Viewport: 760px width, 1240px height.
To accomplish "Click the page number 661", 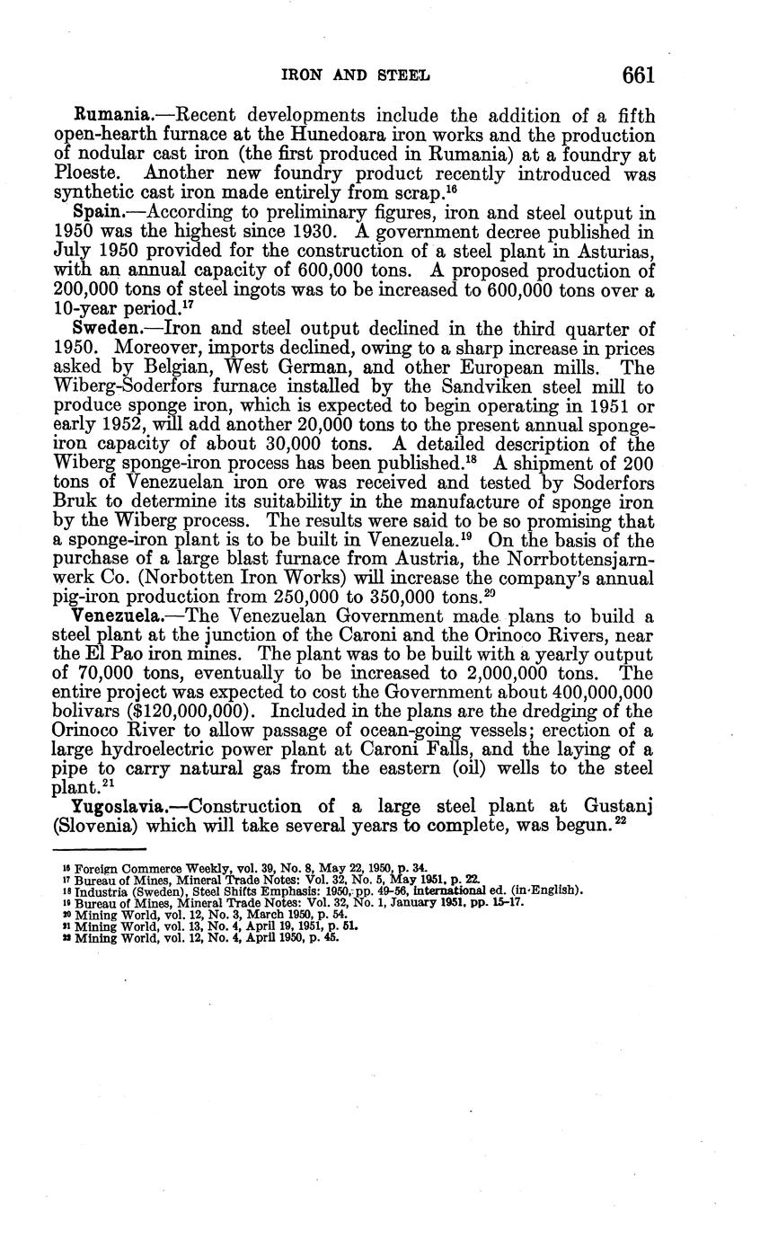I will (x=638, y=75).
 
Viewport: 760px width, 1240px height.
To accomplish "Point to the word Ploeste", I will (x=83, y=174).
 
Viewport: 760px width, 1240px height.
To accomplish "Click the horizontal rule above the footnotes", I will (x=100, y=847).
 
